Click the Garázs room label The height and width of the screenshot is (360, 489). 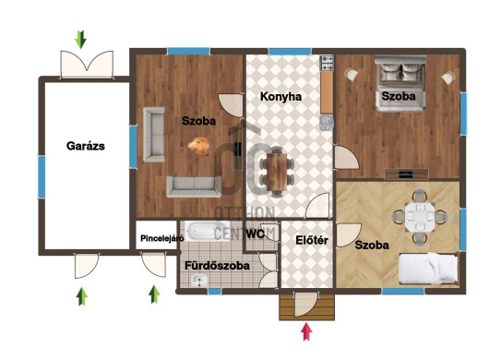pos(86,146)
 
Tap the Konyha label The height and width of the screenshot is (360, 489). pos(281,97)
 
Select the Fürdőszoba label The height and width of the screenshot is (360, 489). pos(217,266)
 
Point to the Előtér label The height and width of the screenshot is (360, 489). pos(312,240)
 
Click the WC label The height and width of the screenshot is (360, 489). pos(255,234)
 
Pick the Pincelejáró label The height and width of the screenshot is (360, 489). pos(161,239)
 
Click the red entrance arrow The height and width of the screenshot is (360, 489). pos(307,331)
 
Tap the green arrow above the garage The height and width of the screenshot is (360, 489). pos(81,40)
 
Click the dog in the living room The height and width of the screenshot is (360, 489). pos(198,146)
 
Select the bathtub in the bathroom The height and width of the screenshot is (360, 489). pos(208,231)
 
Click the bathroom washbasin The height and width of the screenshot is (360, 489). pos(199,280)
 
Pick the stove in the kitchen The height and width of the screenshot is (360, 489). pos(328,64)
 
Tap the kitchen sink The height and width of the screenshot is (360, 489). pos(327,123)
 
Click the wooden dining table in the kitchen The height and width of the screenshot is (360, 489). pos(277,172)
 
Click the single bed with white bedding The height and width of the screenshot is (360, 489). pos(428,268)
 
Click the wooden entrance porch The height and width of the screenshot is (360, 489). pos(307,307)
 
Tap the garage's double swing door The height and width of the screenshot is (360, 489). pos(87,65)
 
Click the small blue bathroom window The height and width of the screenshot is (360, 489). pos(215,292)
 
